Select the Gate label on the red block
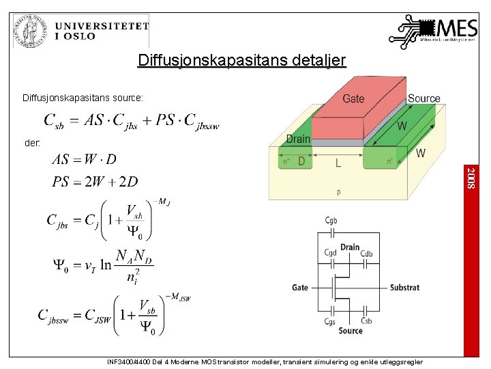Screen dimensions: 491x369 353,98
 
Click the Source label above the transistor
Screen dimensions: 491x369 423,98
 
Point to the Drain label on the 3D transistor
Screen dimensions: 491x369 298,139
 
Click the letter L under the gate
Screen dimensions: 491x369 338,163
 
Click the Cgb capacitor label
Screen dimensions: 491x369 331,220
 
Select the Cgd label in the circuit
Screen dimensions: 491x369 331,253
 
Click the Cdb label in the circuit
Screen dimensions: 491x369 366,253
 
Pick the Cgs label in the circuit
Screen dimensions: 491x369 330,321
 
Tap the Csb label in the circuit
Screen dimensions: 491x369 366,321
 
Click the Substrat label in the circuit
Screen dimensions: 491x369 404,288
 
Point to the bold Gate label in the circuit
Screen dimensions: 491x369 300,288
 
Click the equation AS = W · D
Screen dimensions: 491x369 84,159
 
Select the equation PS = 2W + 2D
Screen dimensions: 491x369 95,182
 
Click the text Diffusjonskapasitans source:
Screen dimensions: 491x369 83,98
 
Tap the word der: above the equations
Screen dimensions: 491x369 31,144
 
